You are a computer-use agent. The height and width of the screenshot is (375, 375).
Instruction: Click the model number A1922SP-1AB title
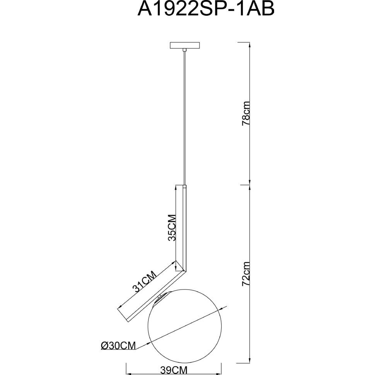click(206, 9)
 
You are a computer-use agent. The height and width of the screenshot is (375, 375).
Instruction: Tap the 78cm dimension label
click(246, 114)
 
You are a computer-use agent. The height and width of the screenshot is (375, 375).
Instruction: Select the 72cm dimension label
click(246, 274)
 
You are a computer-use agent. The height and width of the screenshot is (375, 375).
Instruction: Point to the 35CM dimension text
click(172, 228)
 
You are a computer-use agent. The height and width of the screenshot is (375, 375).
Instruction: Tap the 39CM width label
click(174, 370)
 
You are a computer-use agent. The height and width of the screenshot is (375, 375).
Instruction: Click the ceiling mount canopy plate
click(184, 46)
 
